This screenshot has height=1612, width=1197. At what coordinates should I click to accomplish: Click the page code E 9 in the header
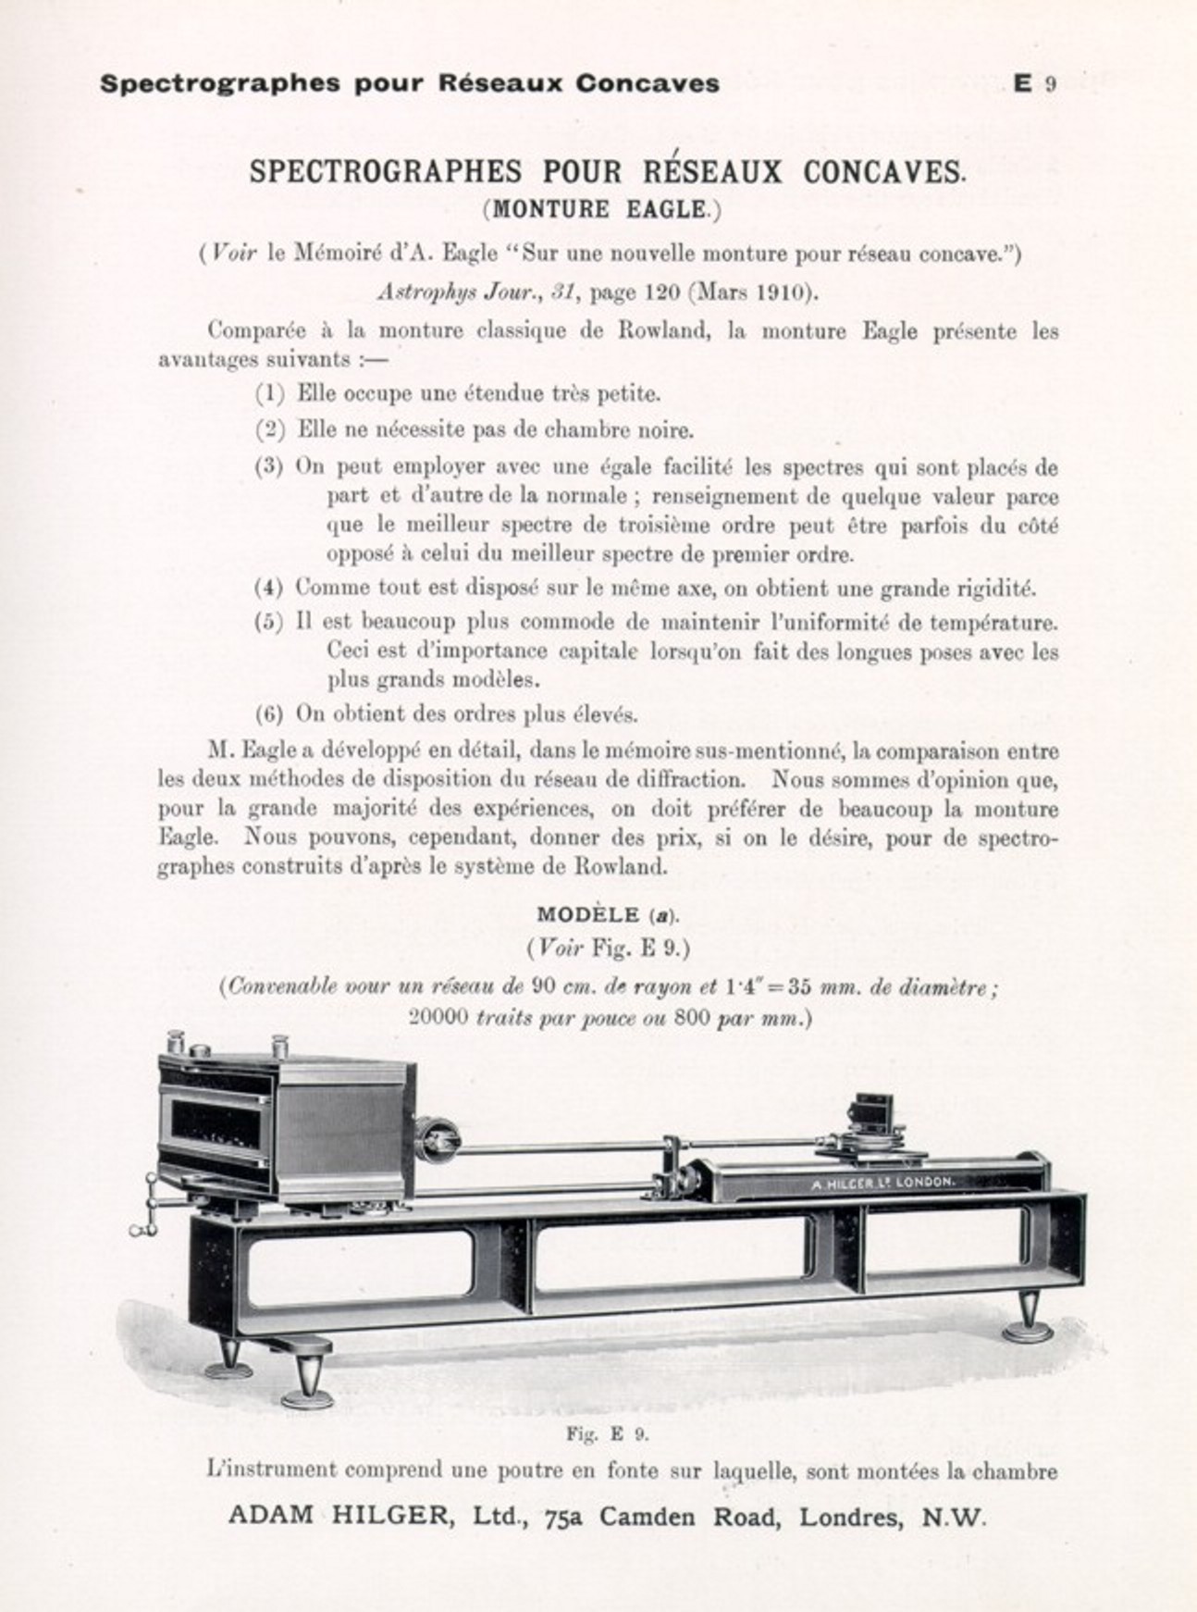1034,83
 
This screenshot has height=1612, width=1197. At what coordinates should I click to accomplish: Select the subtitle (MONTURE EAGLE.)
601,209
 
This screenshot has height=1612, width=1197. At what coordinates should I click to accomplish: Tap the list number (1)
270,394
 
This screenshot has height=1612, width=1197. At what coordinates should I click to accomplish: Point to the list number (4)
270,588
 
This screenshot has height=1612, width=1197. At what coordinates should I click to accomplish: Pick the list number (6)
270,714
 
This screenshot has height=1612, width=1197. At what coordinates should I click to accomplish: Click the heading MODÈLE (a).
607,915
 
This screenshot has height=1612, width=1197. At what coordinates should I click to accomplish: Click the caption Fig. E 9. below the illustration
607,1435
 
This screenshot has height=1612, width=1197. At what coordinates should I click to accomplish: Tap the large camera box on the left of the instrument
282,1120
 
